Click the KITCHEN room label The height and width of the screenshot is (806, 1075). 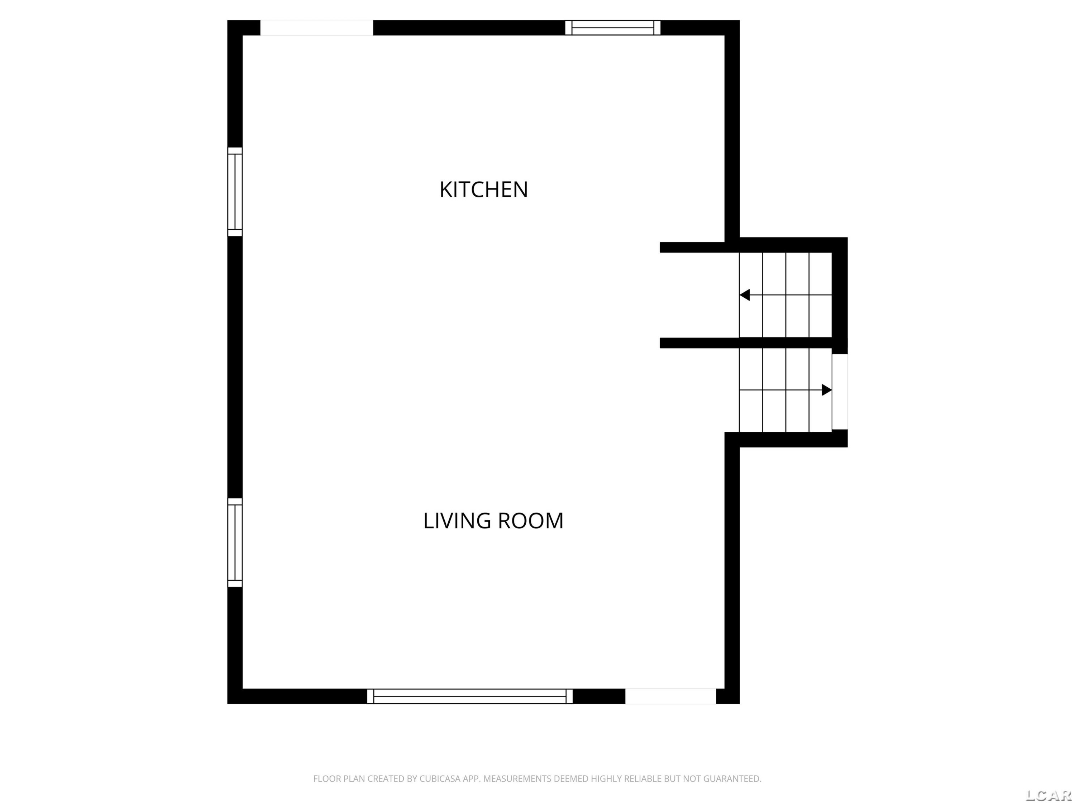coord(483,189)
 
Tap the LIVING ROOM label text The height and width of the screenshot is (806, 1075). coord(493,521)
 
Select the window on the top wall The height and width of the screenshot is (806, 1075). coord(612,28)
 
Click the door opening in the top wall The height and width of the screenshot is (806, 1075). coord(316,28)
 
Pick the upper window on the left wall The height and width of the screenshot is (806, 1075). coord(235,192)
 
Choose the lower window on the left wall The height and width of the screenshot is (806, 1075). coord(235,543)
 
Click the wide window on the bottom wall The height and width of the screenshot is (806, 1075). coord(469,696)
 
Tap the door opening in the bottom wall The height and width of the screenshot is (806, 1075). coord(671,696)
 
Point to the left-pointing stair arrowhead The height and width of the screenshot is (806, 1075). coord(745,295)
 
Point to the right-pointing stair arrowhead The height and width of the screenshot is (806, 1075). coord(827,390)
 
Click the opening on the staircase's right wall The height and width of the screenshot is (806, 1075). coord(840,392)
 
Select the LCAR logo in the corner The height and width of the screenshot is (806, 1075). coord(1048,795)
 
